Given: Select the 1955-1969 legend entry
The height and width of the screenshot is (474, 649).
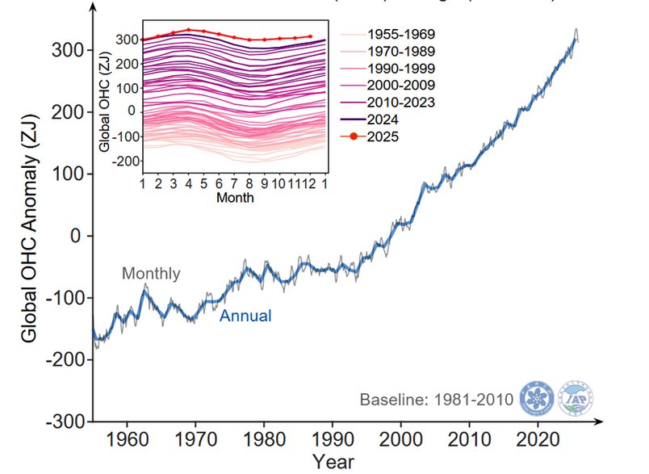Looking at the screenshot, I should [x=401, y=36].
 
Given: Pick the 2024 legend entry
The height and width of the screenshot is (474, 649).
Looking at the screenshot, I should [x=384, y=120].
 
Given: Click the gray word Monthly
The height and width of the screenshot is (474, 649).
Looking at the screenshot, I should [x=151, y=274].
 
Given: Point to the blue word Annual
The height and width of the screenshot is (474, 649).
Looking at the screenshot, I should [x=245, y=317].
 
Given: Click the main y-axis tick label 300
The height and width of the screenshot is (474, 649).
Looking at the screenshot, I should [x=71, y=50].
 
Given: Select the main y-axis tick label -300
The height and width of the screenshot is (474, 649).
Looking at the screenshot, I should [x=69, y=422].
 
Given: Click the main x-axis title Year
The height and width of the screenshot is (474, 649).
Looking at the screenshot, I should [x=333, y=462].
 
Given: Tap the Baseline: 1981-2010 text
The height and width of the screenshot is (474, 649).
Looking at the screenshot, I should [x=436, y=400].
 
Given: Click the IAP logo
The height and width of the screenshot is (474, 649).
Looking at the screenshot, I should [x=577, y=398].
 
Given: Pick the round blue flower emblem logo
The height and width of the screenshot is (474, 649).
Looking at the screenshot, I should [x=538, y=398].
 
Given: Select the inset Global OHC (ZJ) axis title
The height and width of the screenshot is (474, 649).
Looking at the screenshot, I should [x=105, y=101].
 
